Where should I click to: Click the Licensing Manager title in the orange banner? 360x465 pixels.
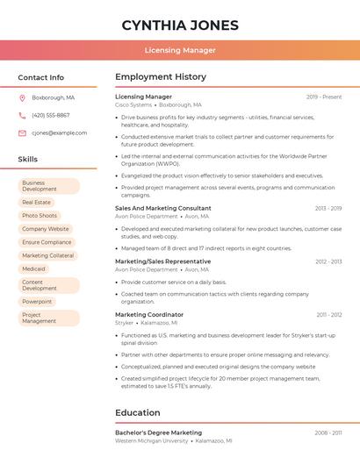(180, 50)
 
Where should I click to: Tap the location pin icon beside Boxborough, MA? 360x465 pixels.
(22, 97)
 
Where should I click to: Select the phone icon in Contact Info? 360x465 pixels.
(22, 115)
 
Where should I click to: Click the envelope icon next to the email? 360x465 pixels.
(22, 132)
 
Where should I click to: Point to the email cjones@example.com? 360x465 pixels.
(60, 132)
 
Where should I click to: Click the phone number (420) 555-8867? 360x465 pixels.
(51, 115)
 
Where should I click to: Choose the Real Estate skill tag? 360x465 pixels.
(36, 202)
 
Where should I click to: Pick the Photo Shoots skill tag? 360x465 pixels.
(40, 215)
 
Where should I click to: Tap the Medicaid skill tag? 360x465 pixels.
(34, 268)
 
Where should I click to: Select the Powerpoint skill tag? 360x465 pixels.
(37, 301)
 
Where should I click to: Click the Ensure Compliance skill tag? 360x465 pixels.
(47, 242)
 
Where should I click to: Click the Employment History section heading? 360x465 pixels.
(161, 77)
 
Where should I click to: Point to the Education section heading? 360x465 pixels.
(138, 412)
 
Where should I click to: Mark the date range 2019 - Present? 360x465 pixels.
(324, 97)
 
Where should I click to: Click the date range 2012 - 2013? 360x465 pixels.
(328, 261)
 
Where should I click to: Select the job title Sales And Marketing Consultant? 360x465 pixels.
(163, 208)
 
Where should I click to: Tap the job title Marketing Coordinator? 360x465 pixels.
(149, 314)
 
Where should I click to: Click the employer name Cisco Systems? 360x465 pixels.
(133, 104)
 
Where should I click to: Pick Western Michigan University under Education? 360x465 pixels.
(152, 440)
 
